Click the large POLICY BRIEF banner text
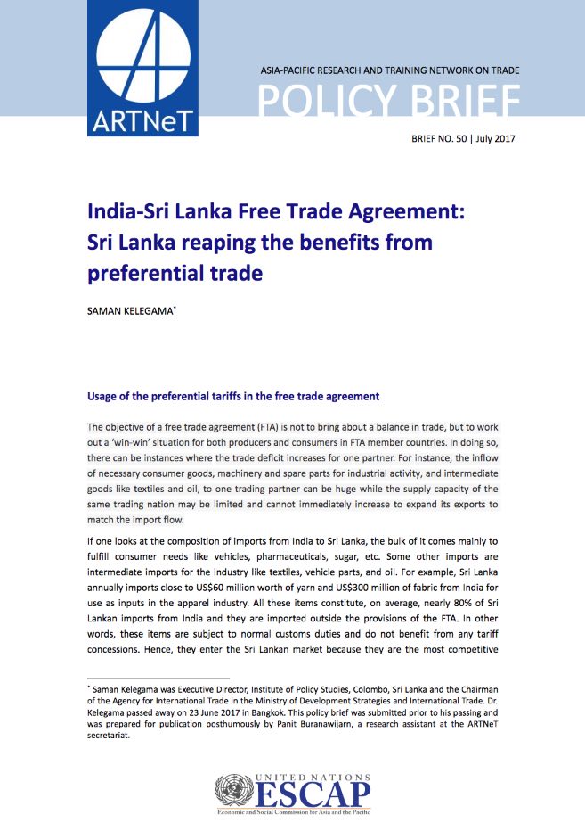388,102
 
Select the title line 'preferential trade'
175,273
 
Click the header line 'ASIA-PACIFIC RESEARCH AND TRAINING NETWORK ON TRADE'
388,70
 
